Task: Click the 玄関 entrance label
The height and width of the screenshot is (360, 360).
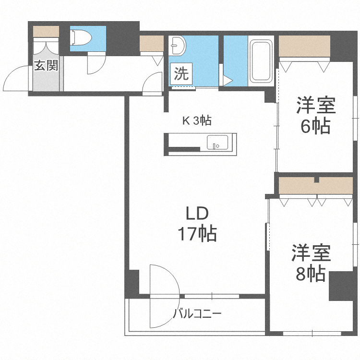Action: [x=46, y=65]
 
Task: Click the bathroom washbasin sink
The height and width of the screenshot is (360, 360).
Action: [x=179, y=45]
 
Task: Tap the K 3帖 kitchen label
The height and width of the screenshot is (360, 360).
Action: [x=196, y=120]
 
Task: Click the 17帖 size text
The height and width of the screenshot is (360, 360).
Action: [x=197, y=234]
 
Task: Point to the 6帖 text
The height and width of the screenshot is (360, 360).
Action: [x=315, y=126]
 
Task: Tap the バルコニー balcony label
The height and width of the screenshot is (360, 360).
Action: [x=197, y=315]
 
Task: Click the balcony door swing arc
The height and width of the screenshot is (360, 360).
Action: [x=163, y=295]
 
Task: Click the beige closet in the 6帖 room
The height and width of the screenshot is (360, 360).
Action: [x=304, y=47]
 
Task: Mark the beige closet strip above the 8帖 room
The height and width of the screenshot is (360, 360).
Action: [x=315, y=186]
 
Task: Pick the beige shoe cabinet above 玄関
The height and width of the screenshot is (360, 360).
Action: [x=46, y=31]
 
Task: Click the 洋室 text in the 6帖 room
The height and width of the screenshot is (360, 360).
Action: [x=315, y=105]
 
